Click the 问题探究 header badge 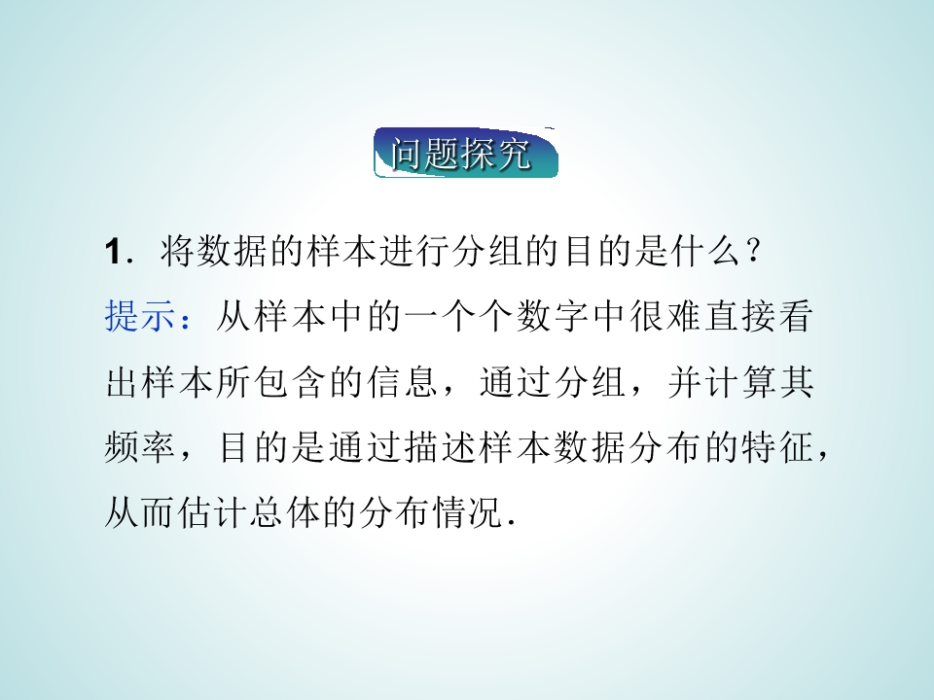click(x=466, y=154)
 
